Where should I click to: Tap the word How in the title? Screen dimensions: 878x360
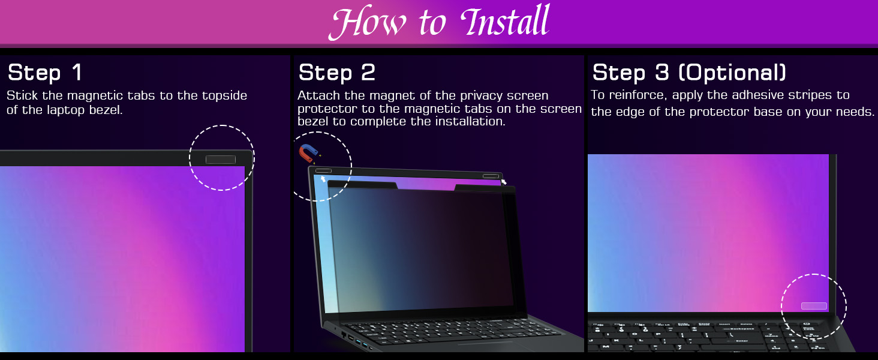[366, 22]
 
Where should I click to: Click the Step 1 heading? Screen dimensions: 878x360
[45, 73]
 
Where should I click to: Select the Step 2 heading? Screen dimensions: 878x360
[336, 73]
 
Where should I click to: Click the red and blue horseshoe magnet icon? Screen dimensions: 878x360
[308, 153]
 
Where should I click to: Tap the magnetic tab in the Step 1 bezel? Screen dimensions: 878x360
[221, 160]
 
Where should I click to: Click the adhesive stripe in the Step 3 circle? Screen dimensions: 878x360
[814, 306]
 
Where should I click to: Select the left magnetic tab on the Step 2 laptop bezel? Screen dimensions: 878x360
[323, 170]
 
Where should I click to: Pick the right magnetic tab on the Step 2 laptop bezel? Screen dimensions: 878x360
[491, 176]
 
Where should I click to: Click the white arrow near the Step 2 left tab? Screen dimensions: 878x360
[323, 179]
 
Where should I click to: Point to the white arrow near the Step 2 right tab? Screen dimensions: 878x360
[504, 182]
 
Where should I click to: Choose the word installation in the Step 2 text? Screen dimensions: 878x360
[470, 122]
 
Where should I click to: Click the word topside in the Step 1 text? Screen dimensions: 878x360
[224, 95]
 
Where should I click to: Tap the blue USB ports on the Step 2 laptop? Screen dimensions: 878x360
[362, 344]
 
